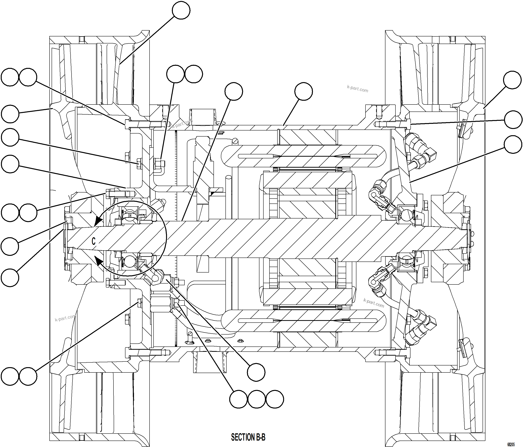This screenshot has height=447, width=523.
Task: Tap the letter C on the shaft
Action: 93,241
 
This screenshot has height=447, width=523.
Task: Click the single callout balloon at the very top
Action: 181,10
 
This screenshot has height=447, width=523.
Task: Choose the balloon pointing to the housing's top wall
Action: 304,91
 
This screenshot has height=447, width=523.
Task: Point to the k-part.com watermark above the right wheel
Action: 357,89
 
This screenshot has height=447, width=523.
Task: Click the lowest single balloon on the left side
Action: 10,278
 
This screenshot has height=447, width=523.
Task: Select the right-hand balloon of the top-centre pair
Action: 194,74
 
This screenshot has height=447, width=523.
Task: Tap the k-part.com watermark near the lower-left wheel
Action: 65,318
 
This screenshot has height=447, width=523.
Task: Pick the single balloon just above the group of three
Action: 256,372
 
